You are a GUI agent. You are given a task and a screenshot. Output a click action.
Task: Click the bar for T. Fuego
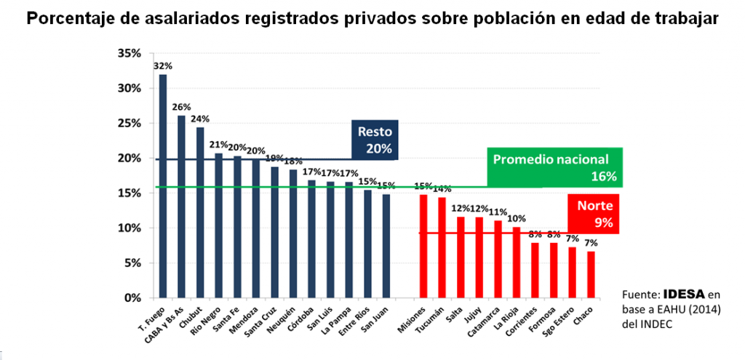coord(163,186)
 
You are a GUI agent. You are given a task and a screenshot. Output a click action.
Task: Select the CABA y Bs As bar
coord(182,207)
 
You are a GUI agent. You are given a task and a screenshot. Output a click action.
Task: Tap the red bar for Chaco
coord(591,274)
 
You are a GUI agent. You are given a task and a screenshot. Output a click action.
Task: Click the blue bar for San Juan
coord(386,246)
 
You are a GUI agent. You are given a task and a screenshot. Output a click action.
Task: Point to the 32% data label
coord(162,66)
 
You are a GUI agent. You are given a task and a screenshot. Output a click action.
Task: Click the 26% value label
coord(181,107)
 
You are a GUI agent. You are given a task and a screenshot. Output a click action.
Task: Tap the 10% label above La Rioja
coord(515,219)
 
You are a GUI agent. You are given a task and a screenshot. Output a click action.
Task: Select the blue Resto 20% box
coord(374,140)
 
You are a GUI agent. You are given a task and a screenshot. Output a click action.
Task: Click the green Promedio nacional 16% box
coord(554,167)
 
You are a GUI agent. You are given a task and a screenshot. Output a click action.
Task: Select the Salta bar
coord(460,257)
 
